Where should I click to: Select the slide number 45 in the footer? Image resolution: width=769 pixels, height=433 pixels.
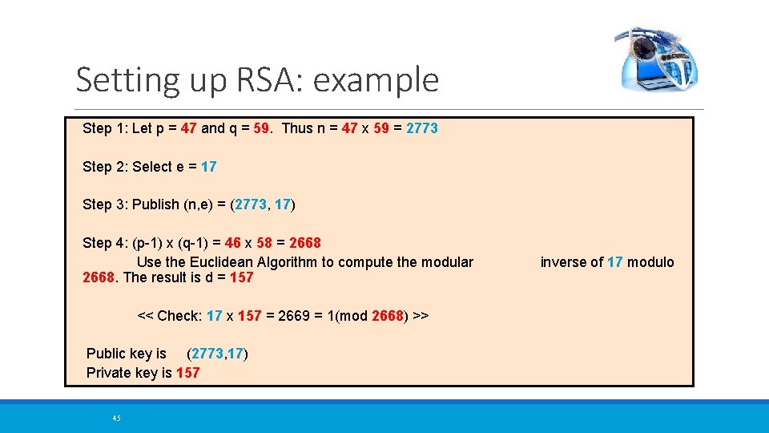[116, 418]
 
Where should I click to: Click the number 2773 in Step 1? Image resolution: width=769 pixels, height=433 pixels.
[422, 128]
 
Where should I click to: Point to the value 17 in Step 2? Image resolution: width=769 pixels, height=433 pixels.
[208, 167]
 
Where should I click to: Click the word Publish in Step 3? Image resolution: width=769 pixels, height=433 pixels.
[156, 204]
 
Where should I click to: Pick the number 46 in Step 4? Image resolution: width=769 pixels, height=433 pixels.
[233, 243]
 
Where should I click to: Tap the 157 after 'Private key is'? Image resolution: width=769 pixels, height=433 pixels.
[187, 373]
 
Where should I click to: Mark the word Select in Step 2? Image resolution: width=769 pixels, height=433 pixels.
[152, 167]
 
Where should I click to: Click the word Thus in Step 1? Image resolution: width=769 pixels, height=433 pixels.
[298, 128]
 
